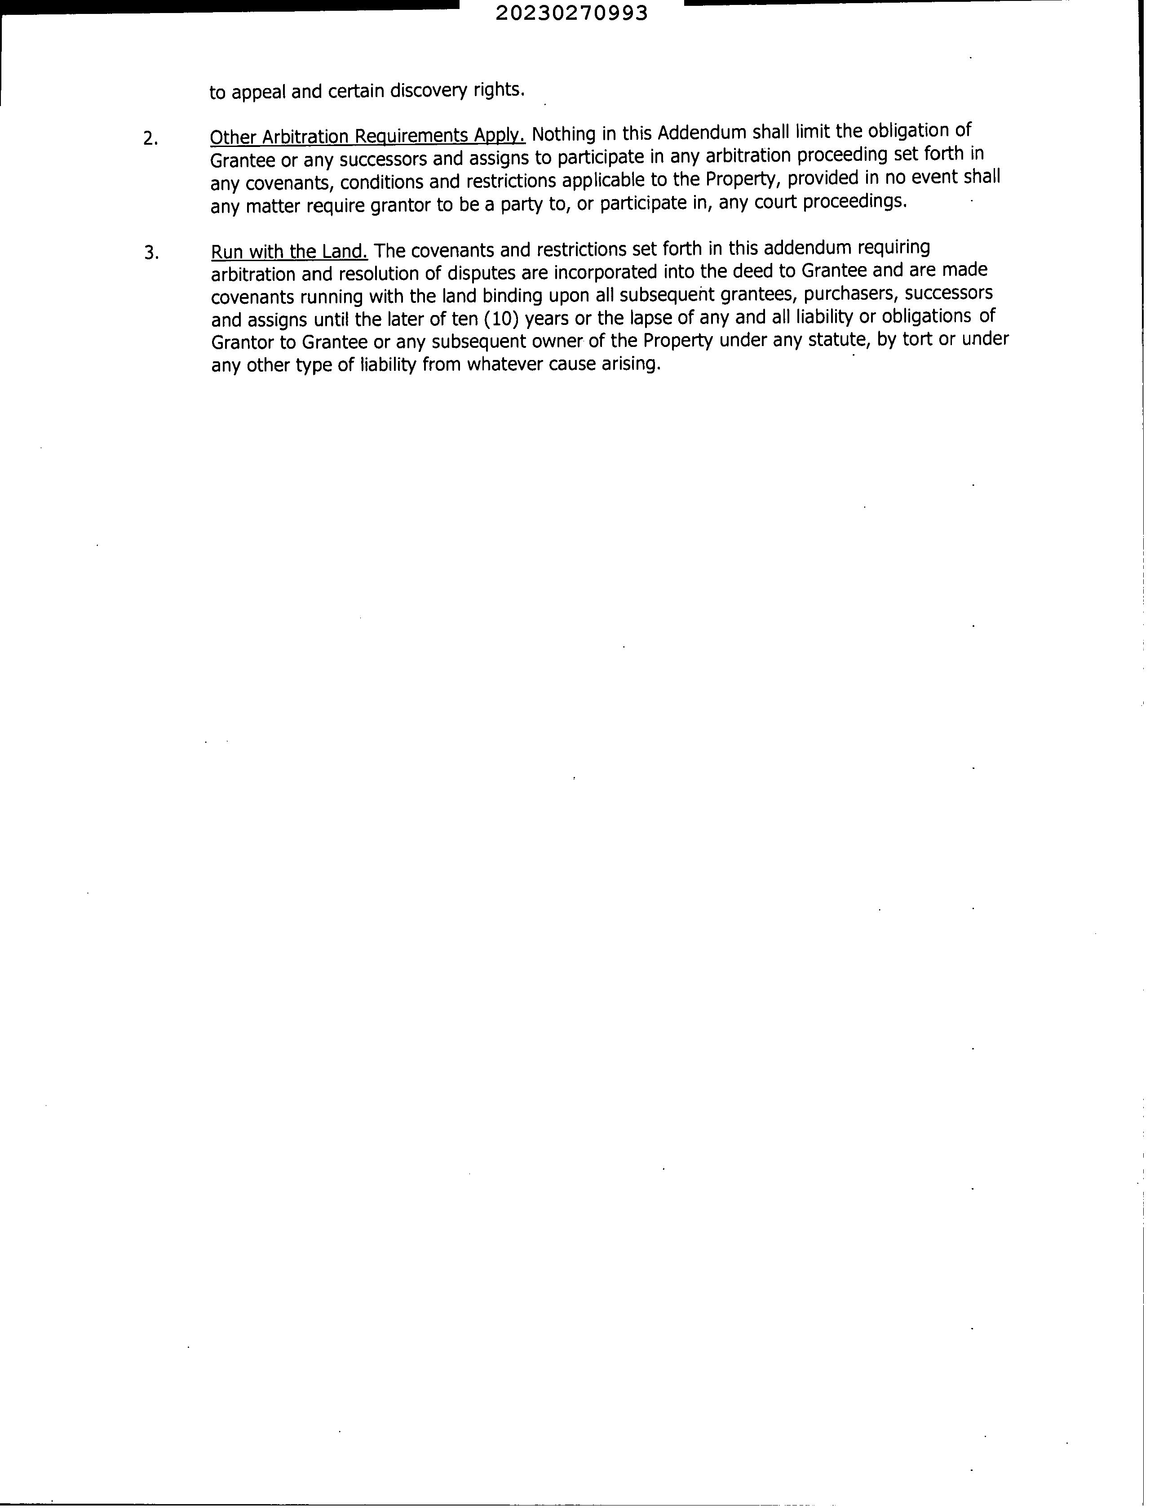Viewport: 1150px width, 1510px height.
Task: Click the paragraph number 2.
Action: (150, 139)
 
